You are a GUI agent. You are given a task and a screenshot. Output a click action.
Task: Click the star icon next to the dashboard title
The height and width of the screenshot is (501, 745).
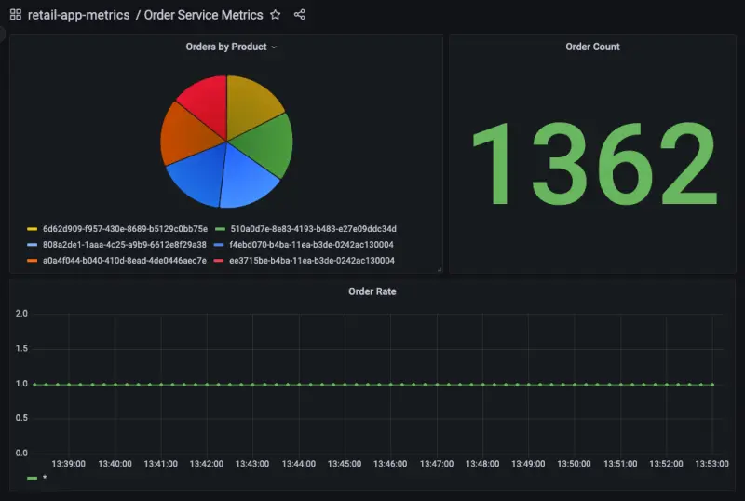point(275,15)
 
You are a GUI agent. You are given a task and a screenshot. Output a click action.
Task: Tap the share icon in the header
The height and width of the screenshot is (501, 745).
point(299,15)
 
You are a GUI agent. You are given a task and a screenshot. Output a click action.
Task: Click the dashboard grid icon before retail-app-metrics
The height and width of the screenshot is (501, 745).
point(15,15)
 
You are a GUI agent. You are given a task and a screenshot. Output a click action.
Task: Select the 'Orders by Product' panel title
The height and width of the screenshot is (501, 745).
point(226,47)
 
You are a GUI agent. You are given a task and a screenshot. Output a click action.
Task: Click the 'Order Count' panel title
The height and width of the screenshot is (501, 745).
point(592,47)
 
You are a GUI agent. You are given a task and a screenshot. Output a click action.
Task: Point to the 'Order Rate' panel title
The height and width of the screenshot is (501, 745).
point(372,291)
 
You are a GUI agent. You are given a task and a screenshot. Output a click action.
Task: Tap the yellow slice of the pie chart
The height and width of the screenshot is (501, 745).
point(251,103)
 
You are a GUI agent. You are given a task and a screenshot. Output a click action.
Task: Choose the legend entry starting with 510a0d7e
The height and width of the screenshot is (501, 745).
point(313,229)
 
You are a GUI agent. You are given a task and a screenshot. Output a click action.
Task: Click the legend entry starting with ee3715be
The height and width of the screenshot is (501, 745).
point(313,261)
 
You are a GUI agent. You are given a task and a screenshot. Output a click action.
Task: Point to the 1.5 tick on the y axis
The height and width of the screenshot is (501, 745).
point(20,348)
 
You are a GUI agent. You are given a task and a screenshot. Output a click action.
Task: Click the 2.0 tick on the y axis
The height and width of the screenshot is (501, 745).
point(20,314)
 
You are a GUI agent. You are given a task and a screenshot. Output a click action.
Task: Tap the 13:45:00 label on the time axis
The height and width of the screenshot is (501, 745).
point(344,463)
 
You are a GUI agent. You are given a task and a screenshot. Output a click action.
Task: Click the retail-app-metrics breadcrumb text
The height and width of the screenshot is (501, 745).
point(78,15)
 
